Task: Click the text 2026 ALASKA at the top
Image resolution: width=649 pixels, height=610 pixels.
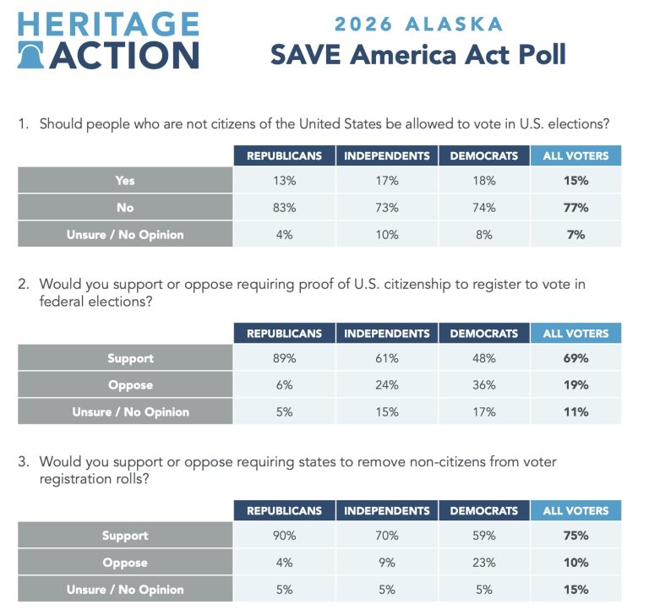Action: (x=417, y=24)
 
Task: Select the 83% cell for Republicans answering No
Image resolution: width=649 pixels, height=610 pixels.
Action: (x=283, y=207)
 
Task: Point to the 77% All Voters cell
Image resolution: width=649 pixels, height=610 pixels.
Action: (x=577, y=207)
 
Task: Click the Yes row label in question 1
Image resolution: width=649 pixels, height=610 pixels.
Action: (x=125, y=180)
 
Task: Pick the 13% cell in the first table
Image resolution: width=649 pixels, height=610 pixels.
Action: (x=283, y=180)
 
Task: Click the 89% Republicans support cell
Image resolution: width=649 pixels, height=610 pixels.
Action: (x=283, y=358)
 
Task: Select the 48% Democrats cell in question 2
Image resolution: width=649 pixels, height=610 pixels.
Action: (x=483, y=358)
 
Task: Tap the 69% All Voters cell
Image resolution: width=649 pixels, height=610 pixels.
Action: (x=577, y=358)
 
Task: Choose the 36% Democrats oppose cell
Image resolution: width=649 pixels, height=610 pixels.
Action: (x=483, y=385)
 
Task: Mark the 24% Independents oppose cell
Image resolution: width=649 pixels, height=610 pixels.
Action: (x=387, y=385)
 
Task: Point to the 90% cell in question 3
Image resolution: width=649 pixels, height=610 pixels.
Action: (x=283, y=536)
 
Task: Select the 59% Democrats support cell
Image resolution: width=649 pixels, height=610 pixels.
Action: (x=483, y=536)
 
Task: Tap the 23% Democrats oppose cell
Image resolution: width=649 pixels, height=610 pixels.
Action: (x=483, y=563)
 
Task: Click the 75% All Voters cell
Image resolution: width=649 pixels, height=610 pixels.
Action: (x=577, y=536)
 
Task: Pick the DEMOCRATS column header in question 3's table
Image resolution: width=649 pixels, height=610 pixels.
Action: (x=483, y=510)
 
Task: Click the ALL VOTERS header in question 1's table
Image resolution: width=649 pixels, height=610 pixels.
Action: (x=575, y=155)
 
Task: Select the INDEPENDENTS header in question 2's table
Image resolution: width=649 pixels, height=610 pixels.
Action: (x=387, y=333)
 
